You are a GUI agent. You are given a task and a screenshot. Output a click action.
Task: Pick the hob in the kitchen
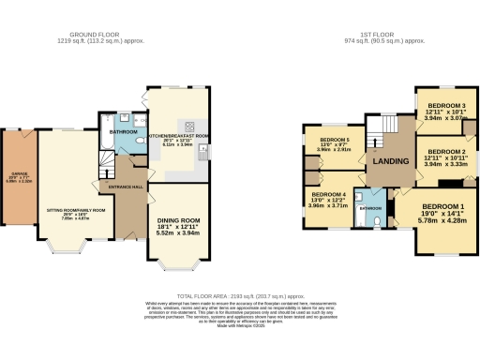pyautogui.click(x=189, y=127)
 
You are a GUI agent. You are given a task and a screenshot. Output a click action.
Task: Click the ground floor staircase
pyautogui.click(x=106, y=169)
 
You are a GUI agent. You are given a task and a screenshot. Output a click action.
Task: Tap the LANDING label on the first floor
pyautogui.click(x=390, y=161)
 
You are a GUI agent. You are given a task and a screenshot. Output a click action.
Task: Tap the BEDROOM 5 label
pyautogui.click(x=334, y=140)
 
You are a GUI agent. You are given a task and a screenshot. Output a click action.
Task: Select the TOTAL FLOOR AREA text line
pyautogui.click(x=240, y=295)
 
